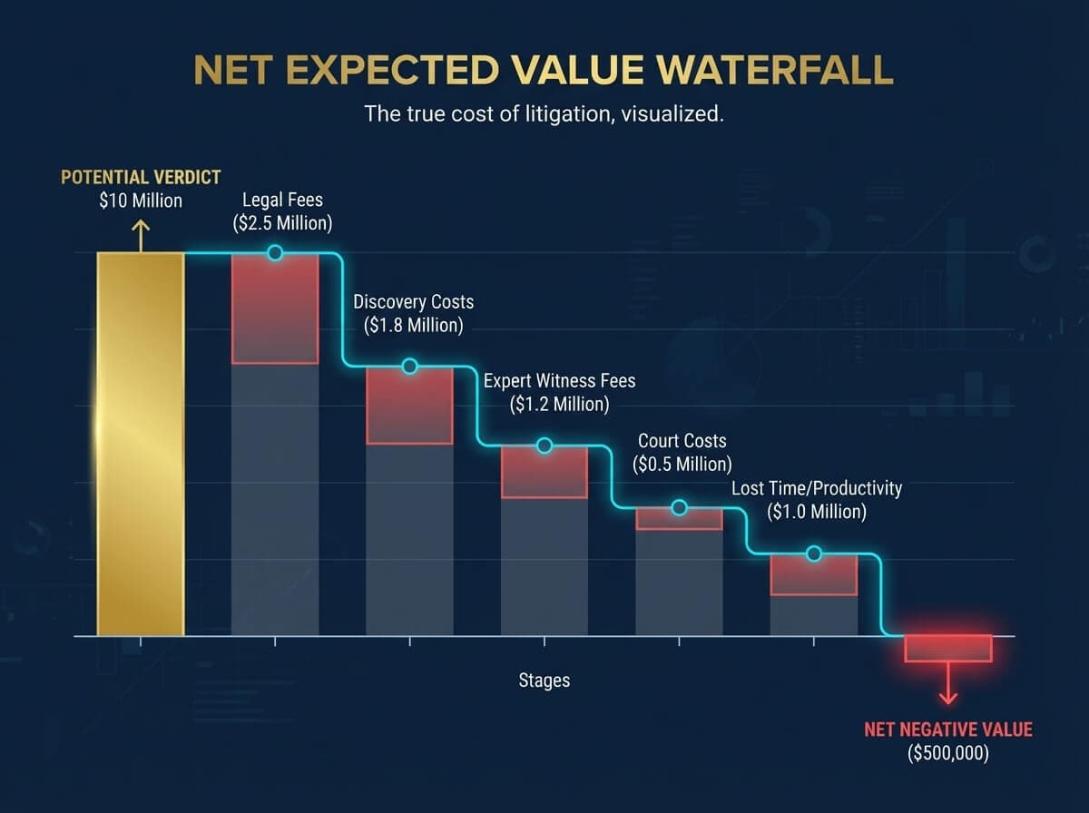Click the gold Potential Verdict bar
[141, 444]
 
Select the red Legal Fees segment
[275, 309]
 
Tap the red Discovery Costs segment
[409, 406]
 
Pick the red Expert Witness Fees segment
[544, 473]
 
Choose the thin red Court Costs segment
[679, 519]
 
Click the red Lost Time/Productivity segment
[813, 575]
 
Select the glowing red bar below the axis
[947, 648]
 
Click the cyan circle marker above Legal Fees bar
[275, 253]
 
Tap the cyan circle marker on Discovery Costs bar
[409, 367]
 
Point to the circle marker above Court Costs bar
[679, 508]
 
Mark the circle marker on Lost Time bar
[813, 553]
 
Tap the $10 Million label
[140, 201]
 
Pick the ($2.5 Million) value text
[282, 223]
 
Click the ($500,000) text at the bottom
[947, 752]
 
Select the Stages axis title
[544, 680]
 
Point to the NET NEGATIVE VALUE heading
[947, 730]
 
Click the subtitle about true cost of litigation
[544, 115]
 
